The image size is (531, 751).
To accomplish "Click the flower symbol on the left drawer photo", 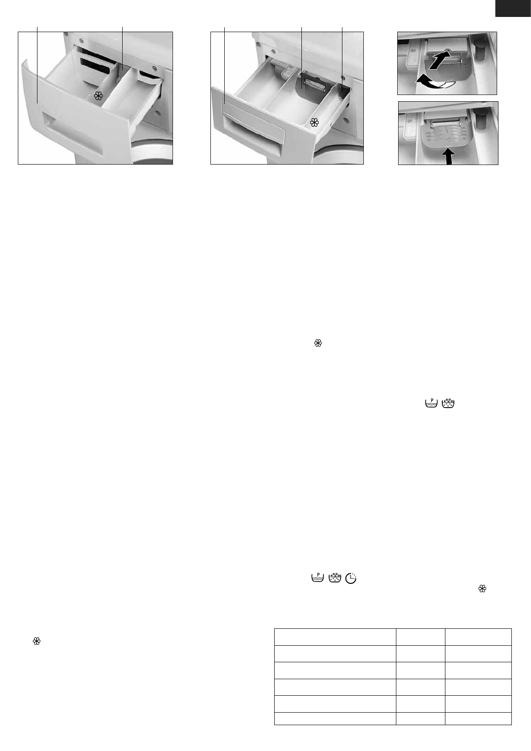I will coord(98,95).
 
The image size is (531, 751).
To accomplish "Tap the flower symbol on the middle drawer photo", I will coord(314,122).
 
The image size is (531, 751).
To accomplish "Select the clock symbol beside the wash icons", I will coord(352,578).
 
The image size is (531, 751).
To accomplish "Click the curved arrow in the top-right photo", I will coord(430,81).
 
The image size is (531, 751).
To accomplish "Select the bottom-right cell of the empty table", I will coord(478,718).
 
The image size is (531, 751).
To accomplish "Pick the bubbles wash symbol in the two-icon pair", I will coord(448,404).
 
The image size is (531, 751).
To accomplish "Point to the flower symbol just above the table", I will coord(482,589).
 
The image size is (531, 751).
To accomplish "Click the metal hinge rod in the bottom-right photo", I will coord(443,120).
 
